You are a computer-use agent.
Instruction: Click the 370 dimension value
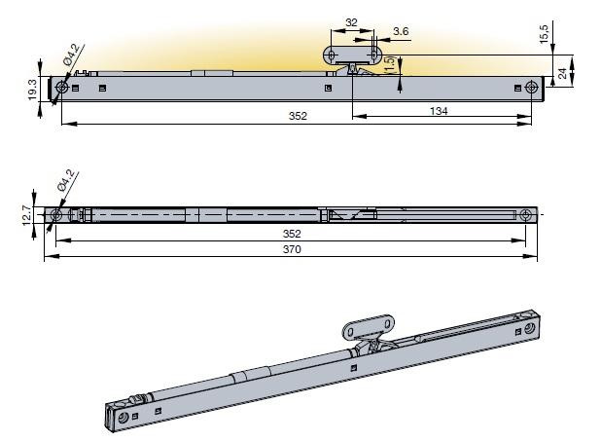point(292,249)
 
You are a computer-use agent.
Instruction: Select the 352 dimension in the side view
point(298,117)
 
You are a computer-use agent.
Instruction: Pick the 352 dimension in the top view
point(292,234)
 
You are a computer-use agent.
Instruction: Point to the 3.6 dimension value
point(401,31)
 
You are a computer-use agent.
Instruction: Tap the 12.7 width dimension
point(27,213)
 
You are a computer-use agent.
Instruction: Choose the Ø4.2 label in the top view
point(65,182)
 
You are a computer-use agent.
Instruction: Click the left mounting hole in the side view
point(61,89)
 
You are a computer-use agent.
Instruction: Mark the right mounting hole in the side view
point(531,88)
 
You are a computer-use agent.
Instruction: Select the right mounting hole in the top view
point(526,214)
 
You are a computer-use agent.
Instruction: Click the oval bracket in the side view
point(351,53)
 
